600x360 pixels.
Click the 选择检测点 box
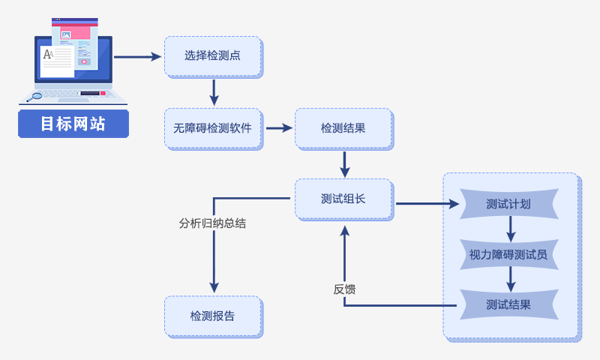(x=214, y=57)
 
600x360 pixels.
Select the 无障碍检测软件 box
(x=214, y=129)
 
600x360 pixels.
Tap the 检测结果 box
(x=344, y=129)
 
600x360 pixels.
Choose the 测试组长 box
(x=344, y=199)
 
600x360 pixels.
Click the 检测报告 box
(x=214, y=316)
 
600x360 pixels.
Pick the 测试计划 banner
(x=509, y=204)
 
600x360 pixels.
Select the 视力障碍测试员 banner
(x=509, y=254)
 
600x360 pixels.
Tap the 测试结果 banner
(x=509, y=304)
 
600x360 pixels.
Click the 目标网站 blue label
(x=73, y=124)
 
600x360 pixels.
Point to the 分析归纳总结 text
(x=212, y=223)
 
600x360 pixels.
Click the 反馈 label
(x=344, y=289)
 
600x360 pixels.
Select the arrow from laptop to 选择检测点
(x=138, y=57)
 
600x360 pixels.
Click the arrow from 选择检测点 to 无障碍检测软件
(x=214, y=92)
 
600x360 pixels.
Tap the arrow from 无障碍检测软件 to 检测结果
(x=279, y=128)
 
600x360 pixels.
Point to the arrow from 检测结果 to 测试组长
(x=345, y=164)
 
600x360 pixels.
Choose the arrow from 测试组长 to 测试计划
(x=427, y=204)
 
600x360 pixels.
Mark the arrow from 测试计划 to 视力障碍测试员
(x=511, y=229)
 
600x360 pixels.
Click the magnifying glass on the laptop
(x=34, y=97)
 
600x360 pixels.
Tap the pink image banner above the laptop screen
(x=75, y=32)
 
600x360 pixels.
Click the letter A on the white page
(x=47, y=54)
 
